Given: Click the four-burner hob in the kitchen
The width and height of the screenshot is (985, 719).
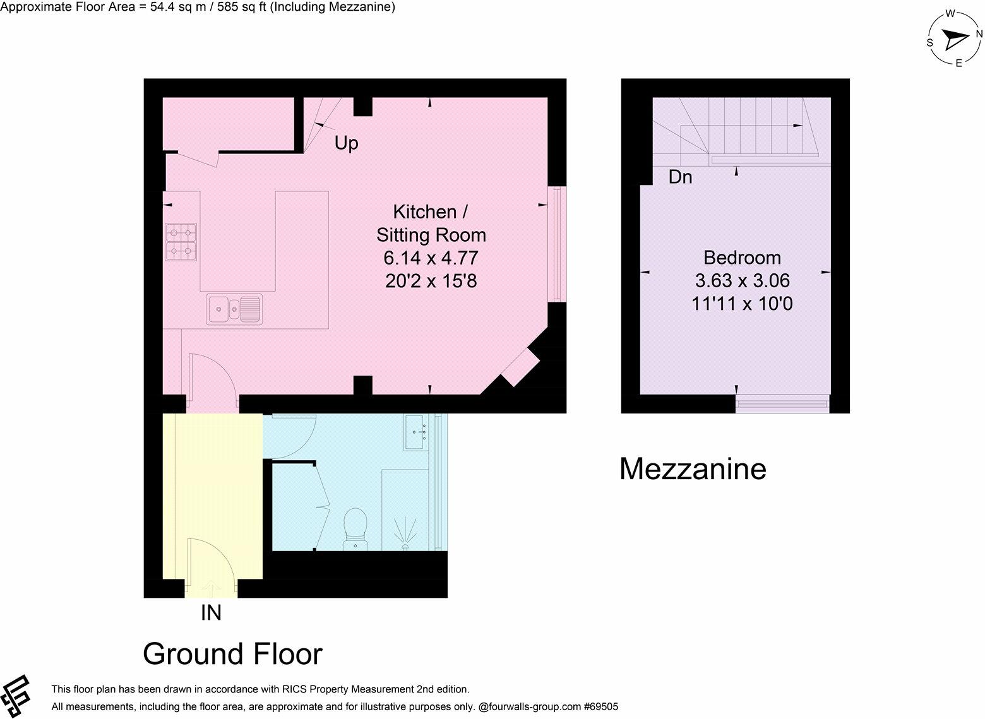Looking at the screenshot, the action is tap(181, 242).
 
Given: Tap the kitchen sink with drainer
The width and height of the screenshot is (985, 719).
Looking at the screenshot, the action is tap(234, 309).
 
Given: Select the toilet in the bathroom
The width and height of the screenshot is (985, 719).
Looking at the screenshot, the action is tap(355, 530).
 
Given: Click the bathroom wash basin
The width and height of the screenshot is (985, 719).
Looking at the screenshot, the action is tap(417, 432).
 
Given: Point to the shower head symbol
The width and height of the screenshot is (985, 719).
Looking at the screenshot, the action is tap(405, 533).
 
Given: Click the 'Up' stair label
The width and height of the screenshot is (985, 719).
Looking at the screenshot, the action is tap(347, 143).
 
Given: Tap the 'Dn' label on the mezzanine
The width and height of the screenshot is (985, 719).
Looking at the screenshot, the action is tap(680, 177).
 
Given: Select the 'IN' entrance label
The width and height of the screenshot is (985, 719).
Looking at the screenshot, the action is tap(211, 612).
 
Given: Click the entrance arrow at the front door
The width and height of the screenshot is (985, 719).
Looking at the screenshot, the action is tap(211, 587).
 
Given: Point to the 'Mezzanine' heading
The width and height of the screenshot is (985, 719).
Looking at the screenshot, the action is tap(693, 469).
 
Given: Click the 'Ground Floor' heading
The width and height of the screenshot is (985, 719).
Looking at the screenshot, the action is tap(232, 654).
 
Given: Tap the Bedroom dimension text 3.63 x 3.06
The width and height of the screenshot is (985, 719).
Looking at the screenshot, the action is tap(743, 280).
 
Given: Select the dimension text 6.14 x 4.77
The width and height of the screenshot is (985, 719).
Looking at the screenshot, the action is tap(431, 258).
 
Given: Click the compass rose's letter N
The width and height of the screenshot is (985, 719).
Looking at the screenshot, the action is tap(979, 34).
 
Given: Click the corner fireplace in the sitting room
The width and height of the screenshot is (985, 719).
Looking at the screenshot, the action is tap(521, 367).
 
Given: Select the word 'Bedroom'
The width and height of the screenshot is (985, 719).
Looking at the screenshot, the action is tap(743, 258).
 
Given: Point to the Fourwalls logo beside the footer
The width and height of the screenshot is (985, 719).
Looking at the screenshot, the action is tap(15, 696).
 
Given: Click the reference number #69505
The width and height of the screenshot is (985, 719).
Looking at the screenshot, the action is tap(600, 706).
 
